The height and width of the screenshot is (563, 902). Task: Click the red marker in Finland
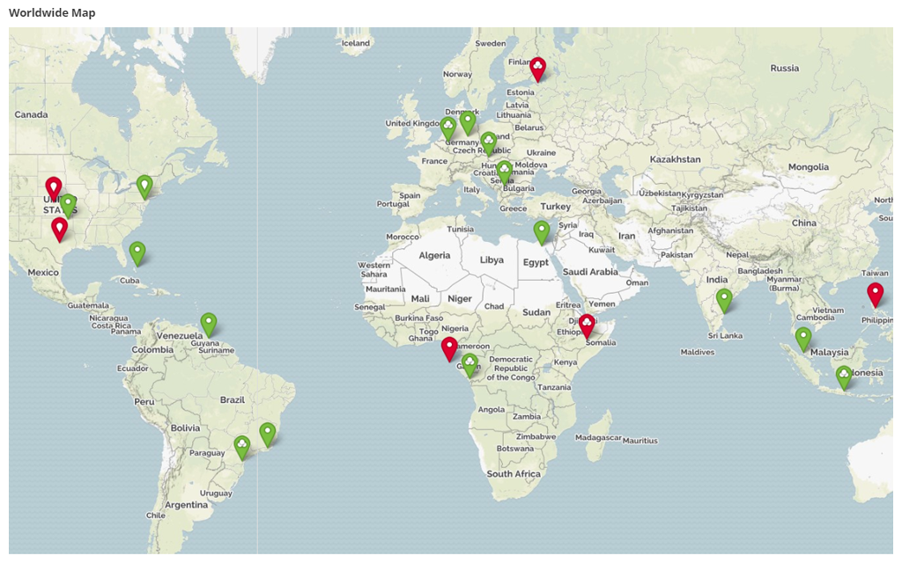coord(537,67)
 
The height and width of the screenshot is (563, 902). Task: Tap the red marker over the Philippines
coord(875,293)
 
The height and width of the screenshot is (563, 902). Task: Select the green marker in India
coord(724,299)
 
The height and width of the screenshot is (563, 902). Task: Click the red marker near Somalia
coord(587,325)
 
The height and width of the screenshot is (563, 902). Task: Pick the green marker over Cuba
coord(137,252)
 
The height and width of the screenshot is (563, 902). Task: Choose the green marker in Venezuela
coord(209,324)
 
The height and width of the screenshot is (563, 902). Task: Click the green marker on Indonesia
coord(844,377)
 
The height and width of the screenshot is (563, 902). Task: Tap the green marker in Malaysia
coord(803,338)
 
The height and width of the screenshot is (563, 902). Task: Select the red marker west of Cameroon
coord(449,347)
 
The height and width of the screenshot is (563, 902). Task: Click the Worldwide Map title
coord(52,13)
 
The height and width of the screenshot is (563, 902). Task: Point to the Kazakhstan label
coord(675,159)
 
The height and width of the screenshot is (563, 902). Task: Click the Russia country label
coord(784,68)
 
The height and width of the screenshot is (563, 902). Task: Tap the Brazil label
coord(233,399)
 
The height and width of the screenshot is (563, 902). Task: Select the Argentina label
coord(186,505)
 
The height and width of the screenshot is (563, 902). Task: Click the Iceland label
coord(356,42)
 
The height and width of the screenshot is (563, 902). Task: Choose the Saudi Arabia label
coord(590,272)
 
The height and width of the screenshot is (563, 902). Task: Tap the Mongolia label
coord(809,167)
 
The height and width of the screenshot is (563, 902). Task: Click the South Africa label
coord(514,473)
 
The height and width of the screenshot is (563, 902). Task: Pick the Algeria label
coord(434,255)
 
